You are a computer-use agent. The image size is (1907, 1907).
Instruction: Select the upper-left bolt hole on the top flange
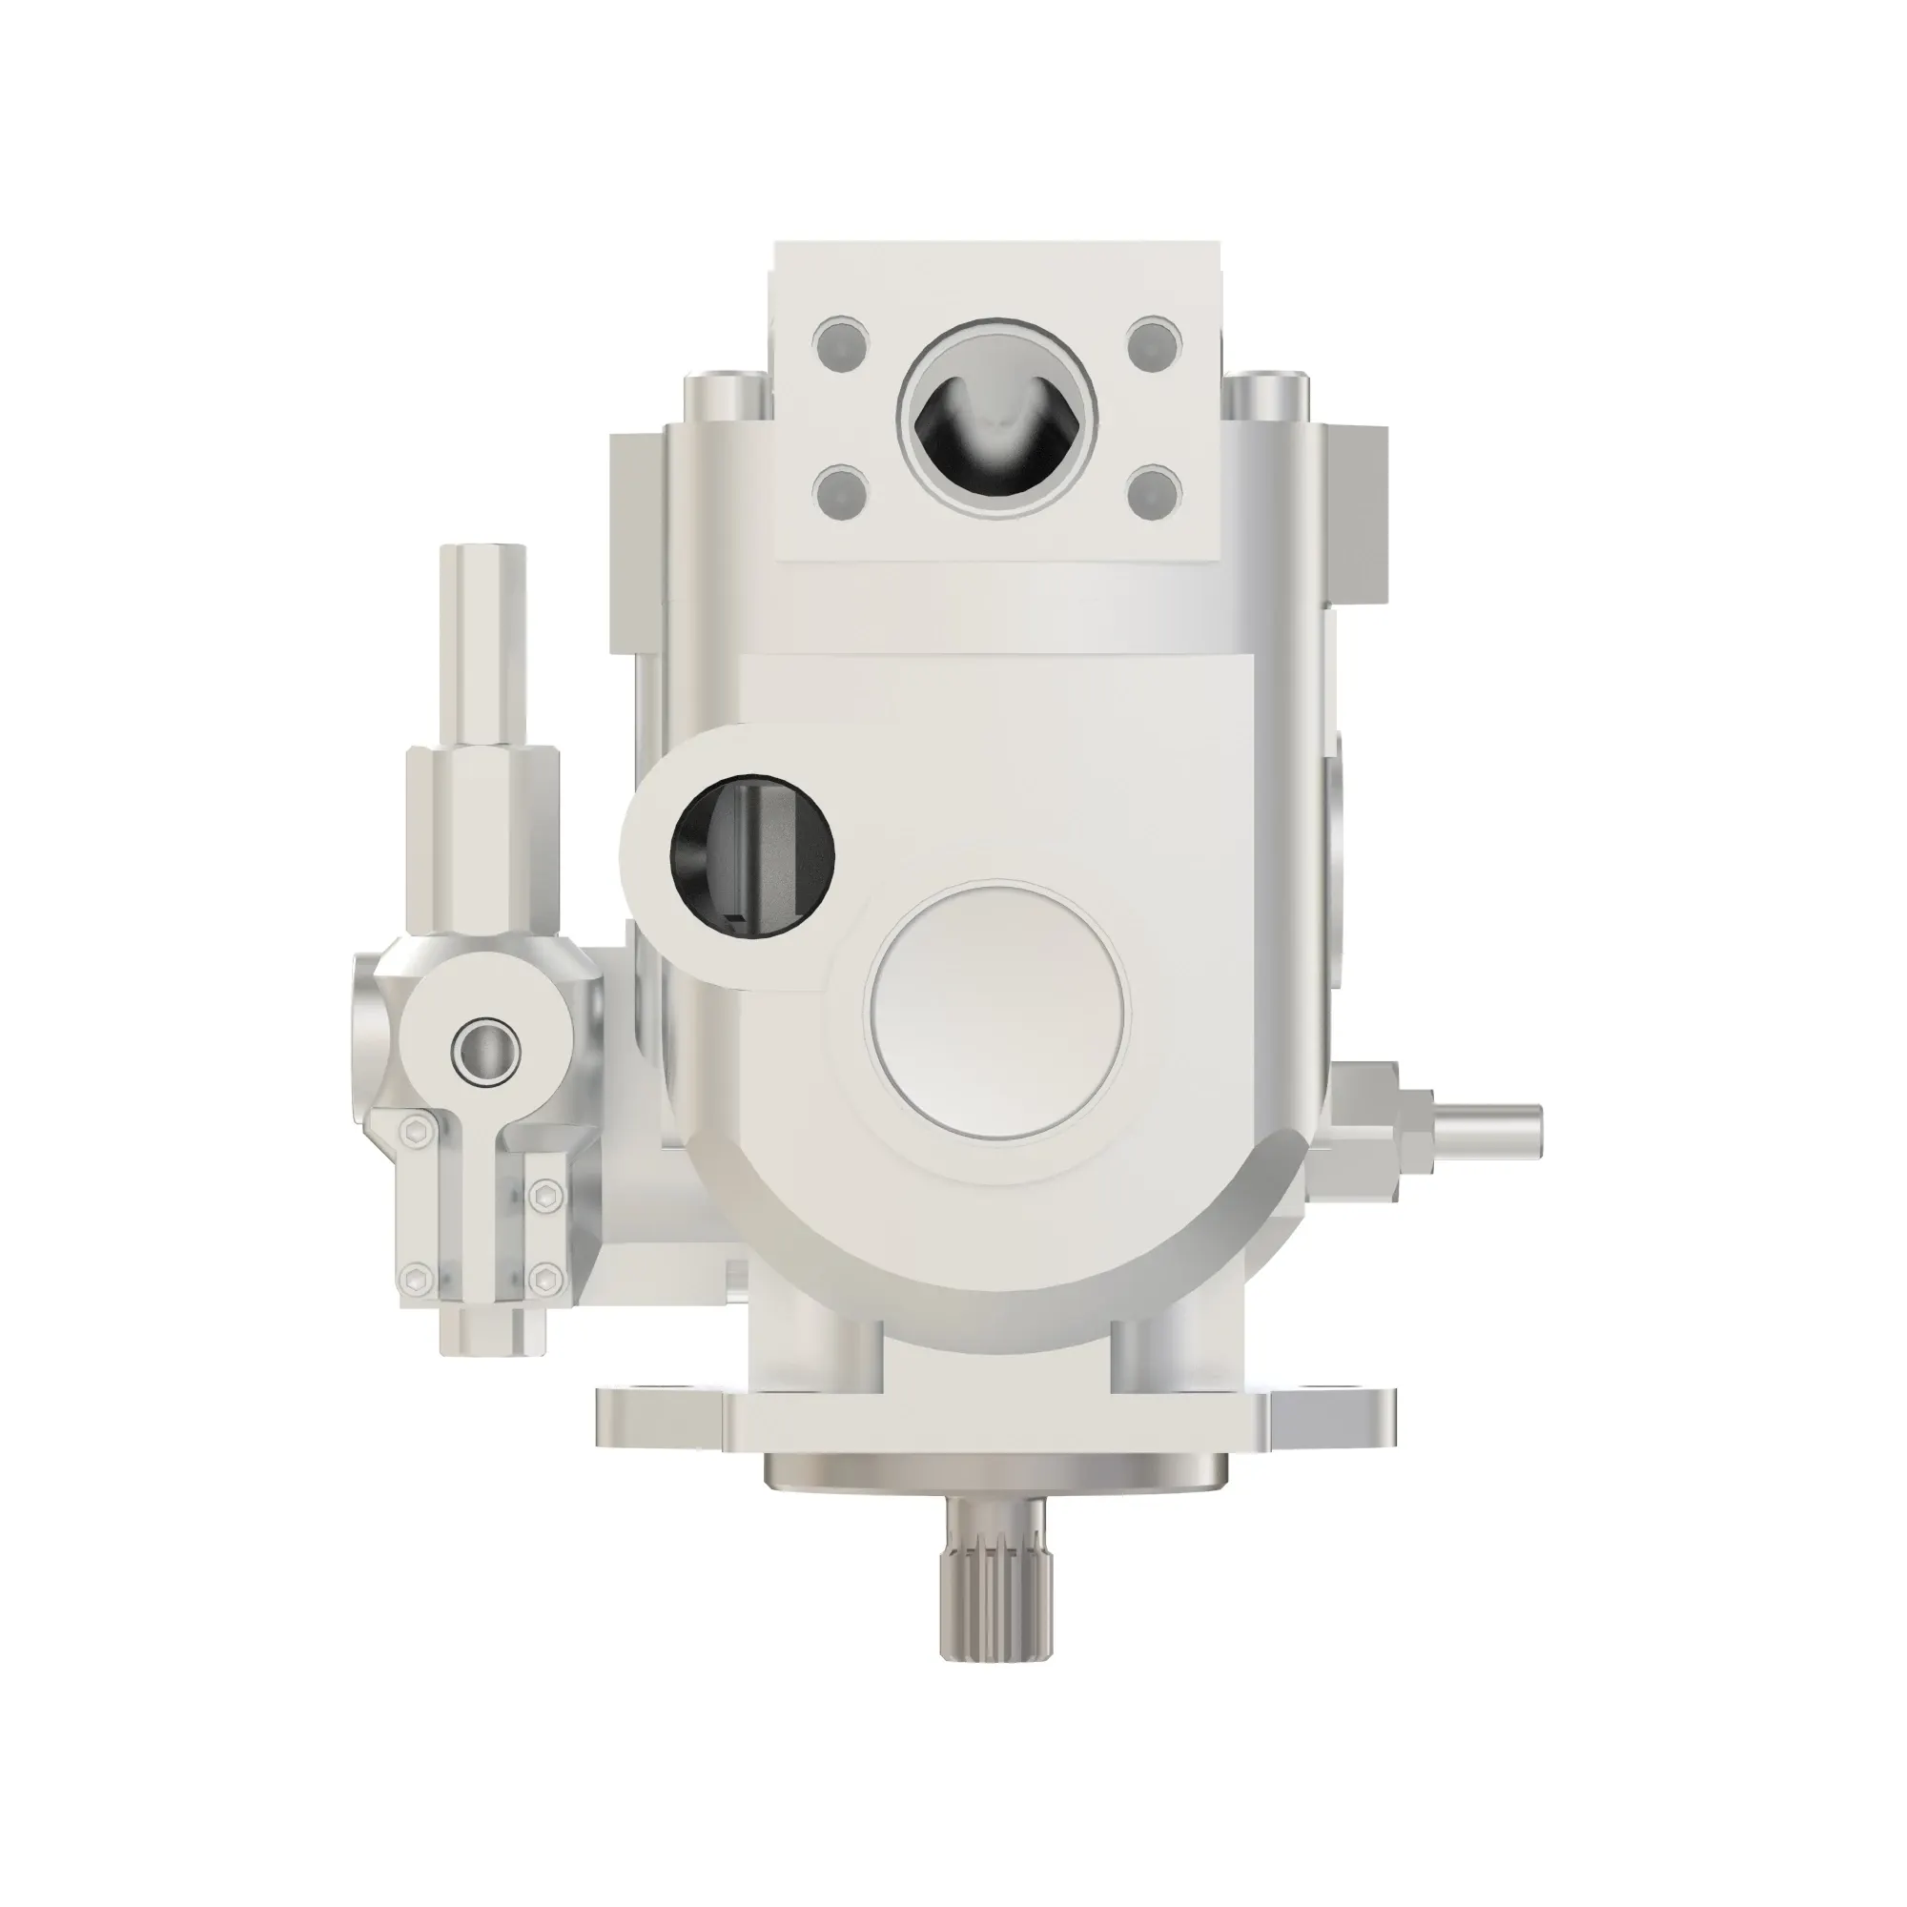click(841, 344)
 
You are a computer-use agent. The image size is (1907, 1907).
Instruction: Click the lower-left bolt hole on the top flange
click(841, 490)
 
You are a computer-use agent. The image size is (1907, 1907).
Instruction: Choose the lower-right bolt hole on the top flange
click(1153, 490)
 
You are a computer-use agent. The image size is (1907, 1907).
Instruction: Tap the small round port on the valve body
click(484, 1048)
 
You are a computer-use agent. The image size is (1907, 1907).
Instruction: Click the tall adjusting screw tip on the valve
click(483, 592)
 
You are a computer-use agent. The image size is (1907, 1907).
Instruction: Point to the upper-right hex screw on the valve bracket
click(542, 1199)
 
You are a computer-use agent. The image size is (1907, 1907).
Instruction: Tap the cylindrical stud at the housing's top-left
click(726, 395)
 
